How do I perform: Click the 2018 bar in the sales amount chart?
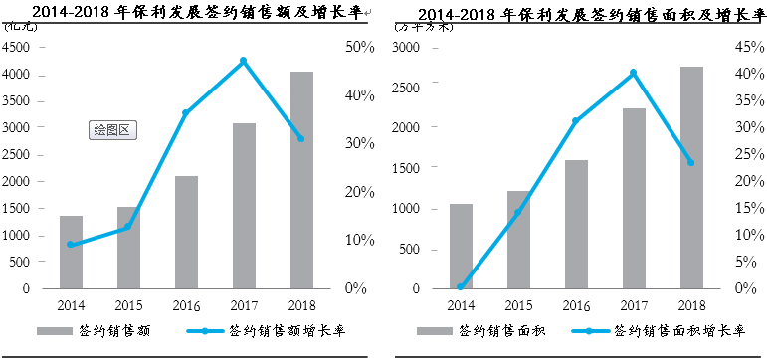click(301, 180)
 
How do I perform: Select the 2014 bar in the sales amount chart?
click(71, 253)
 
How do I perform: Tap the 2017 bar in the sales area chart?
click(634, 199)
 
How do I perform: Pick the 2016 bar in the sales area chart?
click(576, 225)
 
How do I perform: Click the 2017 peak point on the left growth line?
click(243, 61)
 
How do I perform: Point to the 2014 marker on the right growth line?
click(461, 286)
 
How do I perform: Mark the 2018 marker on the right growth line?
click(690, 162)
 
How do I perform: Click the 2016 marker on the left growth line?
click(185, 113)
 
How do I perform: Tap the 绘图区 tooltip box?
click(111, 129)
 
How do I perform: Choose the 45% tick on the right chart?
click(747, 47)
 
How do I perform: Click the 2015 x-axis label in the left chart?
click(128, 305)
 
